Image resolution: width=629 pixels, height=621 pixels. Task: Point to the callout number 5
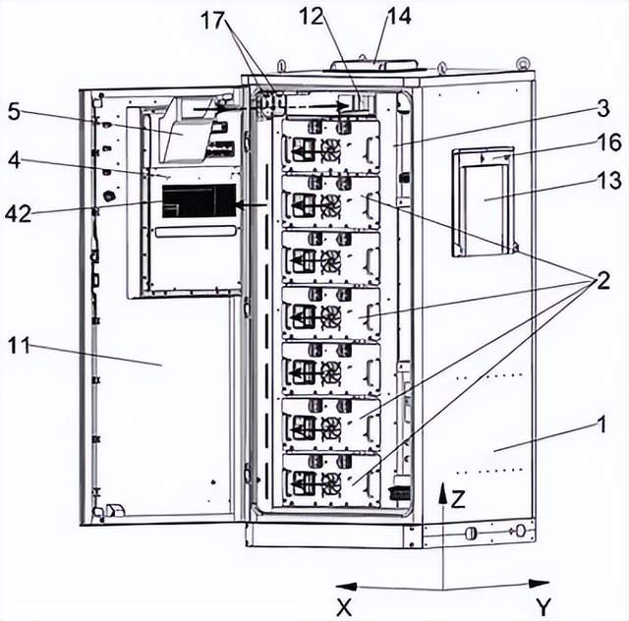click(14, 110)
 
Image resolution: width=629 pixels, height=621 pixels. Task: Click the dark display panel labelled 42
click(199, 200)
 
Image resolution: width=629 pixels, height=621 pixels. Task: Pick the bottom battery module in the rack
click(330, 480)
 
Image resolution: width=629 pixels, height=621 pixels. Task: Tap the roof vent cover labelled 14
click(374, 64)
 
